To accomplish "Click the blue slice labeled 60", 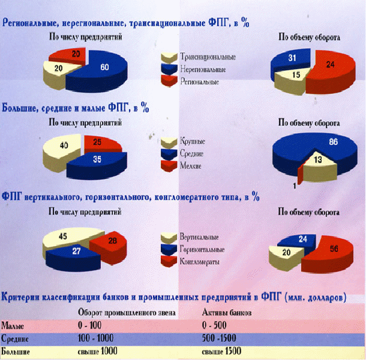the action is (103, 70).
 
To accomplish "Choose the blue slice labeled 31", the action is (289, 62).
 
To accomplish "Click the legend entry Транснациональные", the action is (199, 57).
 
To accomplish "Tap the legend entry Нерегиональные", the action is (194, 70).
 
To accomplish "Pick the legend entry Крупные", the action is (183, 142).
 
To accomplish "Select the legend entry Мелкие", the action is (181, 166).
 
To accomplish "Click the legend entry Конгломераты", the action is (190, 262).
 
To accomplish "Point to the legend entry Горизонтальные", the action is (193, 250).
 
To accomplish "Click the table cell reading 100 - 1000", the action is (96, 338).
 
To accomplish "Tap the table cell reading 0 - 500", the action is (214, 325).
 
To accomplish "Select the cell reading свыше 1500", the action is (221, 352).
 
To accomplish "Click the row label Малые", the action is (13, 326).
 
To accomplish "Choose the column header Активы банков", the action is (227, 313).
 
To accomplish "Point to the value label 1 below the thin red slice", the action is (295, 186).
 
